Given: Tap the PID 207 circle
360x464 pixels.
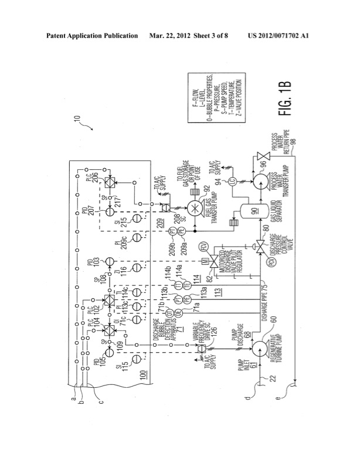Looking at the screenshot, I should click(x=107, y=211).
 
